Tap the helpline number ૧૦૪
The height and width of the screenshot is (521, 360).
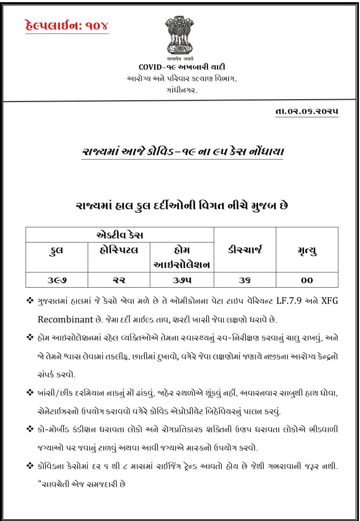[x=97, y=26]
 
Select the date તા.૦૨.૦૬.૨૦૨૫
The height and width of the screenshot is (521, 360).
[x=307, y=111]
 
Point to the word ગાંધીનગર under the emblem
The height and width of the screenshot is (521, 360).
[x=182, y=90]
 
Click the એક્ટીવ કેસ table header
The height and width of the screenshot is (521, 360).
[x=120, y=235]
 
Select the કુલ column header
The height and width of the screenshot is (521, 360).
[x=56, y=250]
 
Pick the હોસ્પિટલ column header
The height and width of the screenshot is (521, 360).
[x=119, y=250]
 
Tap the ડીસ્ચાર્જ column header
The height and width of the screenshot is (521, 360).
[x=244, y=250]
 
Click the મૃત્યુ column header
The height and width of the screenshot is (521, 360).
[x=307, y=250]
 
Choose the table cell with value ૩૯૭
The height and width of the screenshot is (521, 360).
[x=57, y=280]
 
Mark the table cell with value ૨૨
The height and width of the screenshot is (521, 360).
[x=119, y=280]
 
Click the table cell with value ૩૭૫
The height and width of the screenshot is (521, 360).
[x=182, y=280]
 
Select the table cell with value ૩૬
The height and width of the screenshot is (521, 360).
[x=244, y=280]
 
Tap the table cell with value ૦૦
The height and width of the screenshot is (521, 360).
[x=307, y=280]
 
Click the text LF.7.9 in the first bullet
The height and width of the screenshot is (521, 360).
[x=289, y=301]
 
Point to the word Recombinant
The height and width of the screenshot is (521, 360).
[x=66, y=320]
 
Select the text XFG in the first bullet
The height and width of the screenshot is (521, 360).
[x=329, y=301]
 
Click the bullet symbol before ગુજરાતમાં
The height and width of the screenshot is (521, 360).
[x=30, y=301]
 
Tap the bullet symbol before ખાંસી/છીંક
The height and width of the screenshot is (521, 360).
[x=30, y=393]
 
